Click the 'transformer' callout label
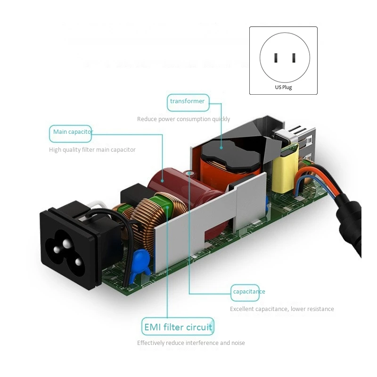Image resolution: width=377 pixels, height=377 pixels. [188, 101]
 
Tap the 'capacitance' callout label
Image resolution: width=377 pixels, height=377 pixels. [249, 292]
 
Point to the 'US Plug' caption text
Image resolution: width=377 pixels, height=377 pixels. [283, 87]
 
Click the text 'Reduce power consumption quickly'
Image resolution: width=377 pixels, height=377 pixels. [183, 119]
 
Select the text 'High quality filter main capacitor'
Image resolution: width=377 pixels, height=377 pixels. [92, 150]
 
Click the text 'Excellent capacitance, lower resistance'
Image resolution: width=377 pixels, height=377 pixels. [282, 309]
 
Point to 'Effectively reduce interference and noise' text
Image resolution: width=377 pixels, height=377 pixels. [191, 343]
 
